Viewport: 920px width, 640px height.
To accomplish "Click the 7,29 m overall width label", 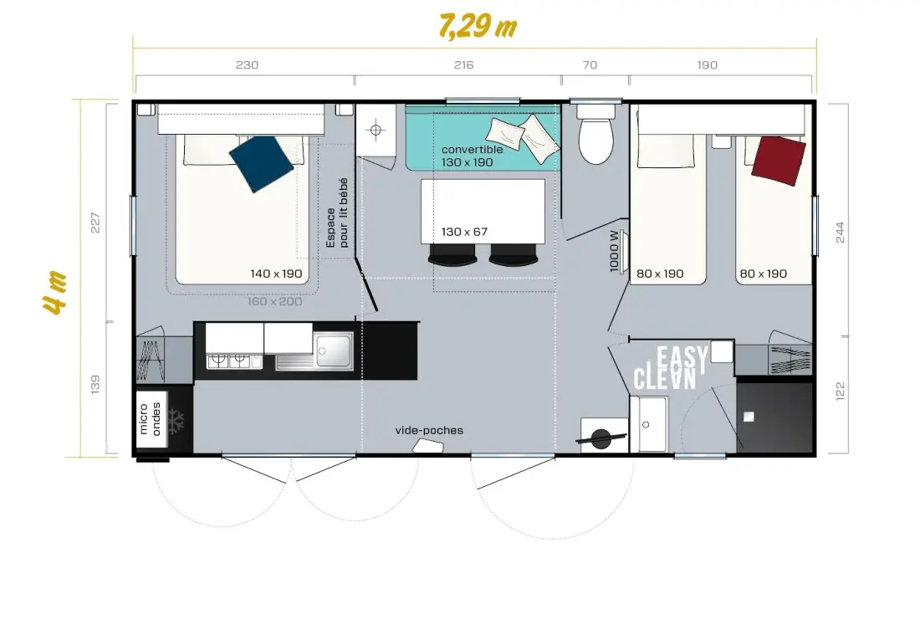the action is tap(478, 27).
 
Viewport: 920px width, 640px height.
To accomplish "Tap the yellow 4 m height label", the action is tap(54, 293).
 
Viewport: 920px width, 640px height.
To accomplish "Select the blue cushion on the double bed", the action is tap(261, 164).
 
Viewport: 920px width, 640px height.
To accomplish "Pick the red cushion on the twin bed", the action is tap(779, 161).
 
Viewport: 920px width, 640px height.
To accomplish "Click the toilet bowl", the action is tap(596, 141).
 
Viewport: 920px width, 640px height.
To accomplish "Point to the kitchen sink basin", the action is tap(333, 350).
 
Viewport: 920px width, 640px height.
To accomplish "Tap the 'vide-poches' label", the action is tap(429, 430).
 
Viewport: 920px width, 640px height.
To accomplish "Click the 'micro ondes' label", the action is tap(151, 419).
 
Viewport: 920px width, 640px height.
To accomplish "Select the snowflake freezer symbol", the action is tap(176, 421).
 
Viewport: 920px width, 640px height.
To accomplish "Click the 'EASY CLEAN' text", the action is tap(671, 368).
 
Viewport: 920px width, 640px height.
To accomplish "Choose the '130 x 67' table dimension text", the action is tap(464, 232).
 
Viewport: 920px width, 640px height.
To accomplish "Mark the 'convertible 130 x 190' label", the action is tap(472, 156).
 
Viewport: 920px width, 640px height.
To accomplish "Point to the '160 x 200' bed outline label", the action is tap(274, 301).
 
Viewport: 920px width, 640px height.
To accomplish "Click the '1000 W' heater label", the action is tap(615, 251).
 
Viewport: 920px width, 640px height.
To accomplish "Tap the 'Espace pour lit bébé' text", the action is tap(337, 212).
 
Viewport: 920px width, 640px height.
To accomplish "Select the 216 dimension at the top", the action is tap(463, 64).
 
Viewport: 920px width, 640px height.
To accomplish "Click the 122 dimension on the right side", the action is tap(840, 391).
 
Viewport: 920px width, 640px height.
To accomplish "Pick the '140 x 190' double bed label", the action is tap(276, 274).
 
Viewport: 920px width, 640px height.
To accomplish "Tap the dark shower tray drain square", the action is tap(748, 417).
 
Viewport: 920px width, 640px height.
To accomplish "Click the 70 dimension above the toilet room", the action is tap(590, 64).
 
